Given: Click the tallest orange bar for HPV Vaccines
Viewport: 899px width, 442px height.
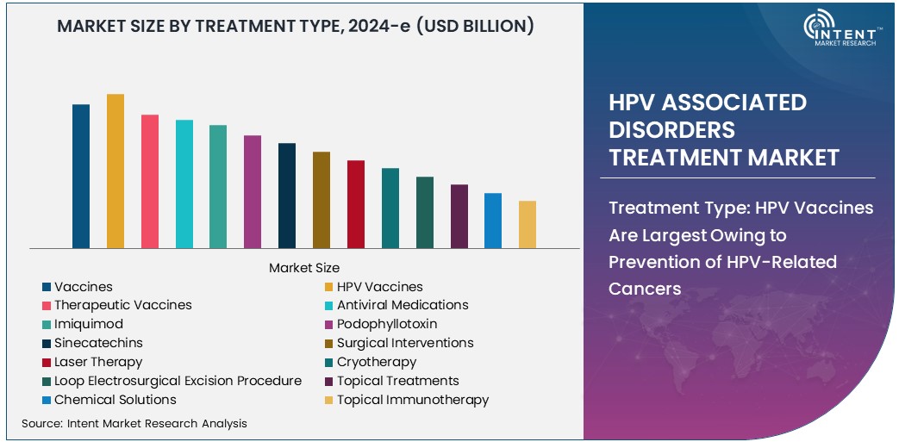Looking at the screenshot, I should click(115, 171).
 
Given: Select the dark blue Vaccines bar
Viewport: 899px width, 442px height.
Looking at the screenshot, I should click(81, 176).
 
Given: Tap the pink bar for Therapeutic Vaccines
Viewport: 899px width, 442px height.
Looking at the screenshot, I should click(150, 181).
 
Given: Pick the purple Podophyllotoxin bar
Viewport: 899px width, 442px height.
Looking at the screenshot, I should click(253, 191).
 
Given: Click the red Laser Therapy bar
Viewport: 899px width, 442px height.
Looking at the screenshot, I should click(356, 203).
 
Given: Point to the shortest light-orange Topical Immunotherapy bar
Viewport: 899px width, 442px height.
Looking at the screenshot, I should click(528, 224).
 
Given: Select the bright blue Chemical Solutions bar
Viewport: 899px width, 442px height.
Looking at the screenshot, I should click(493, 220).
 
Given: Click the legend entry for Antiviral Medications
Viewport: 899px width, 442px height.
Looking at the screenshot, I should click(403, 305).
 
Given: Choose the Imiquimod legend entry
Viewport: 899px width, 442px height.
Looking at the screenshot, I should click(89, 324).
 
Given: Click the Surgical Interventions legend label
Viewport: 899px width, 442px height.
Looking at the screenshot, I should click(405, 343).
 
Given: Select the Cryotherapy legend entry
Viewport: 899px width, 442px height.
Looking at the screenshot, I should click(377, 362).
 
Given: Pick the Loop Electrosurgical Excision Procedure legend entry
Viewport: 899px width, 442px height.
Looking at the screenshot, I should click(178, 381).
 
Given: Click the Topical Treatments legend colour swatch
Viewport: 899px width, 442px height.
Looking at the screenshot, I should click(328, 381).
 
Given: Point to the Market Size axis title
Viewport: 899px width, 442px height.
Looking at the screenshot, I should click(304, 268).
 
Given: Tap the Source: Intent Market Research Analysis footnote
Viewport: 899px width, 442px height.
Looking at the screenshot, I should click(134, 423).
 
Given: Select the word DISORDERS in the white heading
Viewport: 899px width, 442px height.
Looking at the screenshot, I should click(672, 129).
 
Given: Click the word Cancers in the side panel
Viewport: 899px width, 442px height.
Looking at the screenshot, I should click(645, 289).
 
